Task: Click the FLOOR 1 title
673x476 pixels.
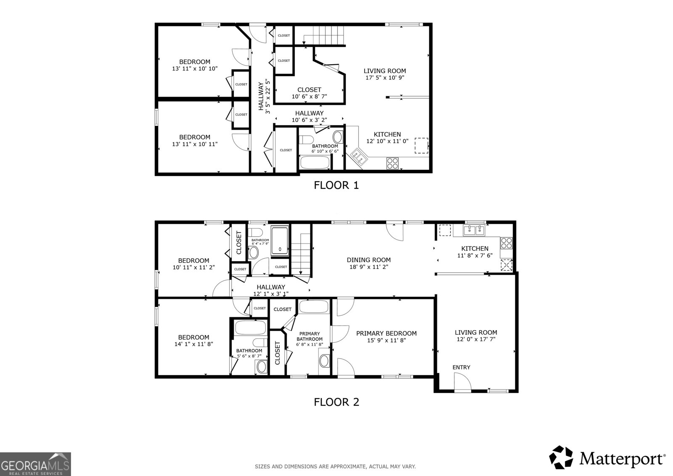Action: (x=336, y=185)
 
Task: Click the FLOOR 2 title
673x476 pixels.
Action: (x=336, y=402)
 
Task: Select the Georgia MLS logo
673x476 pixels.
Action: (x=35, y=464)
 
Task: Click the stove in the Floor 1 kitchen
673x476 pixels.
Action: (x=392, y=164)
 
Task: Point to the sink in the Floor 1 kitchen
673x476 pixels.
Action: (x=359, y=156)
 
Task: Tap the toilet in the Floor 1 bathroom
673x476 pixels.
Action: (x=307, y=140)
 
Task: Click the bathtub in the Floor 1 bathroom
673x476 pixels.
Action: (x=315, y=162)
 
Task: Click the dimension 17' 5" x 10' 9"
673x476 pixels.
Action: (x=385, y=77)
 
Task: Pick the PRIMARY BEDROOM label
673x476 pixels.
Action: (x=387, y=333)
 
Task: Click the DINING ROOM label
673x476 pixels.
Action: (x=368, y=260)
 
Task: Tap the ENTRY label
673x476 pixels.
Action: (x=461, y=367)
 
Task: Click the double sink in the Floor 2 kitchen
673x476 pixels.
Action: (x=474, y=230)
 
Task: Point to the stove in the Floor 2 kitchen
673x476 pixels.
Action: (x=506, y=243)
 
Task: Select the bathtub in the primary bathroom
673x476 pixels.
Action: (x=314, y=307)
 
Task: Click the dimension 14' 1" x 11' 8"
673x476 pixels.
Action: (x=194, y=344)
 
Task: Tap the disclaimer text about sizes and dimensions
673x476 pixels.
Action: (x=335, y=466)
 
